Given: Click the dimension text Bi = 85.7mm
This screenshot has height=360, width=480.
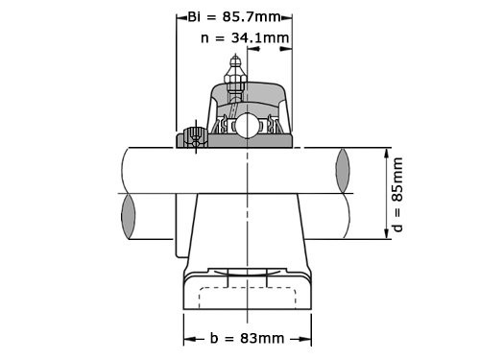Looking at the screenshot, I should pyautogui.click(x=235, y=17).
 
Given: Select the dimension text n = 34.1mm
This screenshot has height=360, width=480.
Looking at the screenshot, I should pyautogui.click(x=245, y=38).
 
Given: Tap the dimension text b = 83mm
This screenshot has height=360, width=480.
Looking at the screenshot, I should pyautogui.click(x=247, y=338).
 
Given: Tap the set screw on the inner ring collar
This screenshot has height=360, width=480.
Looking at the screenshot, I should pyautogui.click(x=195, y=137).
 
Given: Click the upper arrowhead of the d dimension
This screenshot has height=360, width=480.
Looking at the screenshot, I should pyautogui.click(x=390, y=152).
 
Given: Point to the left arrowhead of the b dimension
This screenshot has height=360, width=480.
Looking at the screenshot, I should pyautogui.click(x=188, y=338).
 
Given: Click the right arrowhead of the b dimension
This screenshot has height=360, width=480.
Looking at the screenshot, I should pyautogui.click(x=307, y=338).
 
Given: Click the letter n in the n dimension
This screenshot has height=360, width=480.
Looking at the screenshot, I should pyautogui.click(x=205, y=38).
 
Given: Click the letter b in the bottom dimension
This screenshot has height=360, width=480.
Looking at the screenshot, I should pyautogui.click(x=214, y=338).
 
